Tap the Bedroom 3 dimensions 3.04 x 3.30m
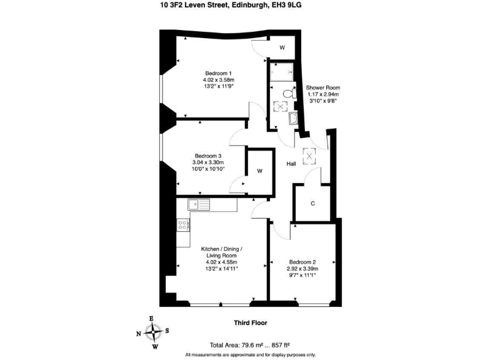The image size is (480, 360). [x=208, y=162]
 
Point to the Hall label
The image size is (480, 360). [x=291, y=164]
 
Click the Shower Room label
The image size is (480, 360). [x=323, y=87]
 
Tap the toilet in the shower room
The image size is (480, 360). [x=287, y=94]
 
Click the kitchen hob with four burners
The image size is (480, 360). [x=183, y=224]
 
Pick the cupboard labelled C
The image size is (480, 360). [x=312, y=202]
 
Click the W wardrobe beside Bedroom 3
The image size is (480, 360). [x=259, y=171]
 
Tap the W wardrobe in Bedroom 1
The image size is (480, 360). [x=282, y=47]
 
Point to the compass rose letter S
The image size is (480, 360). [x=167, y=331]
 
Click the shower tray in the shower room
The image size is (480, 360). [x=282, y=72]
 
